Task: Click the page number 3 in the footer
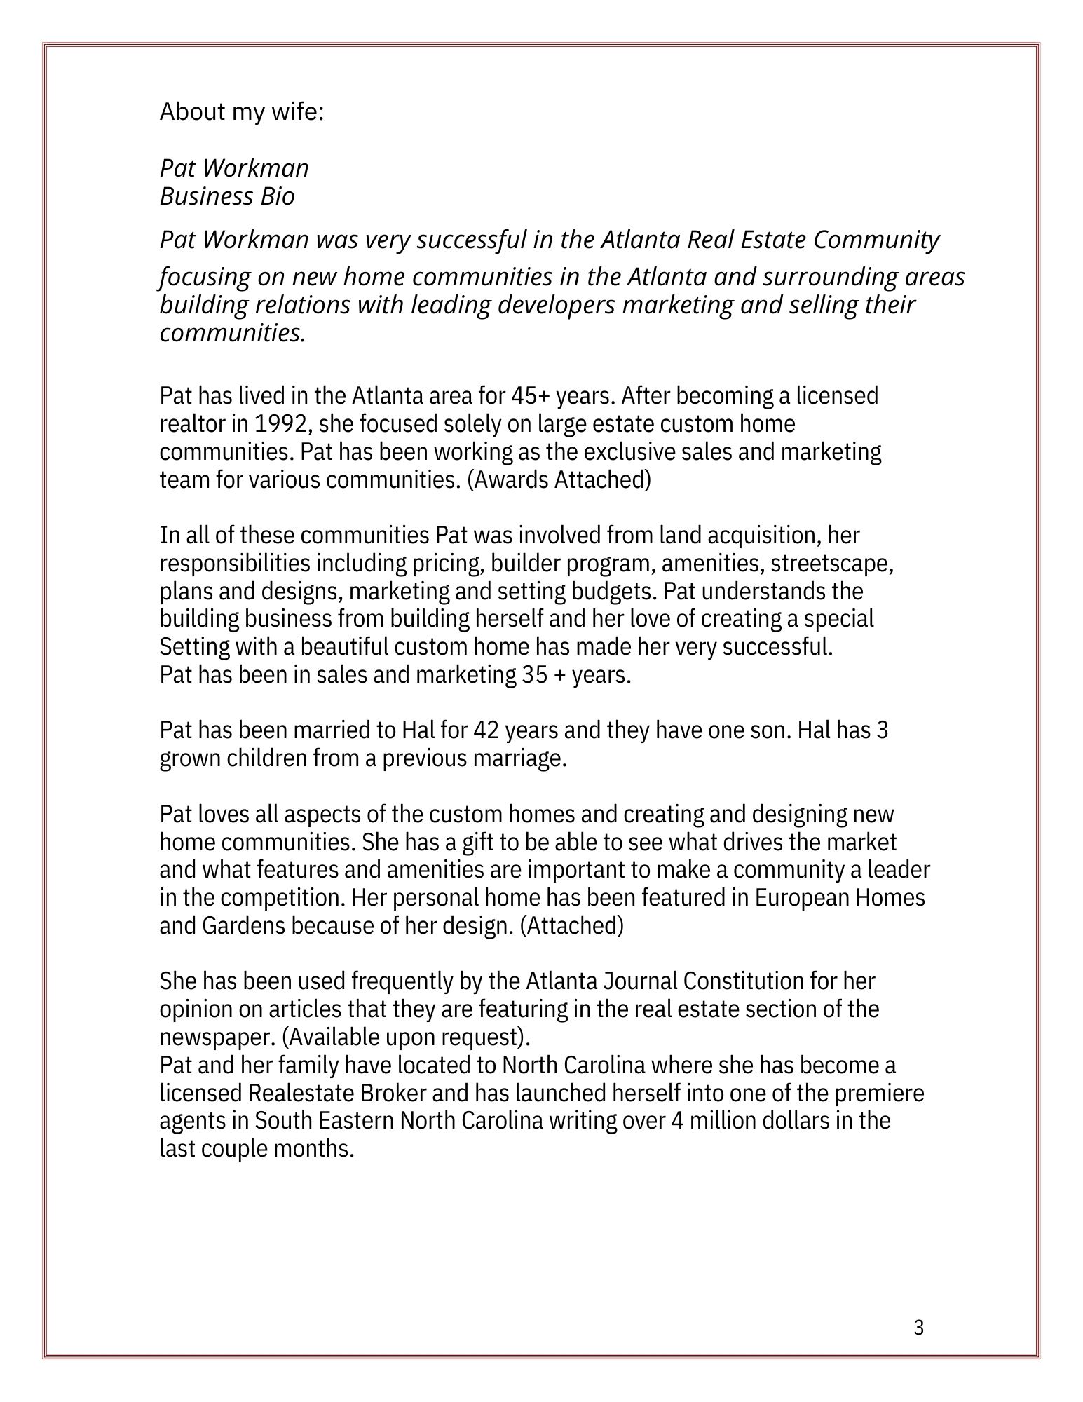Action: (919, 1328)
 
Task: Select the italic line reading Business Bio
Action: (227, 196)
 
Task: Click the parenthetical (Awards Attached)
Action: (559, 480)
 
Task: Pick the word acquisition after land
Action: (763, 536)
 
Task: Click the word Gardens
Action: (244, 926)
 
